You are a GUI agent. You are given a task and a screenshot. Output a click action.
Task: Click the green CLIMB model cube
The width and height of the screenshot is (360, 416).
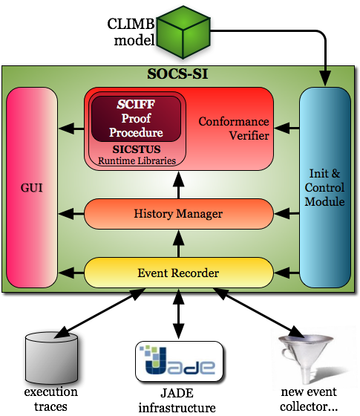point(183,32)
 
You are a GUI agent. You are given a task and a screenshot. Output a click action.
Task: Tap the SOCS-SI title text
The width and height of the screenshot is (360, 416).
point(177,74)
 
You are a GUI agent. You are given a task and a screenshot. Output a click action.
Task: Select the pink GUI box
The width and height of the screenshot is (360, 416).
point(32,187)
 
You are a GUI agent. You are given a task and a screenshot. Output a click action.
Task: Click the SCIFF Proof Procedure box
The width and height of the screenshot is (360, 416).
point(137,119)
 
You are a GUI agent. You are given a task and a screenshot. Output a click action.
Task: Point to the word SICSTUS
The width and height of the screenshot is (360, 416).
point(137,149)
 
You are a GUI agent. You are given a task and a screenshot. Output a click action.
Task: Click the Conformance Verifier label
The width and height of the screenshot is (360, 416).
point(234,129)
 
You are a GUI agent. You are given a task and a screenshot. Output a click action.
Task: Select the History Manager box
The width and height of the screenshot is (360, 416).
point(179,214)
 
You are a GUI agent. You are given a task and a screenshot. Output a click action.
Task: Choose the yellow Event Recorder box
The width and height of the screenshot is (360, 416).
point(179,273)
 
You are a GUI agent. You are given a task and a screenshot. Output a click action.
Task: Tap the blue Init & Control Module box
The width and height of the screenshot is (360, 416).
point(325,187)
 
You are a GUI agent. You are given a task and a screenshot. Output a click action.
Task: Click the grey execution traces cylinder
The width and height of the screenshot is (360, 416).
point(51,357)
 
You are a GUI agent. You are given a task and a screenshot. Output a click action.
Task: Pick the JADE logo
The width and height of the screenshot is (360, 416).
point(179,361)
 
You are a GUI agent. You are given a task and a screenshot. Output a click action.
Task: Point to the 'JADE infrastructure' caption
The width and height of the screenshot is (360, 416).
point(177,400)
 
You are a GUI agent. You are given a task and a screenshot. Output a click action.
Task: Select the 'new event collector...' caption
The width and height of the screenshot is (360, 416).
point(309,400)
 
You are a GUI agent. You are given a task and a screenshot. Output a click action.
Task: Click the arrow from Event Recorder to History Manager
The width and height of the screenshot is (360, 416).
point(179,244)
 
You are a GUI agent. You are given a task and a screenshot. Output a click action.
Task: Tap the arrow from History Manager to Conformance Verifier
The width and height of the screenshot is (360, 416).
point(179,185)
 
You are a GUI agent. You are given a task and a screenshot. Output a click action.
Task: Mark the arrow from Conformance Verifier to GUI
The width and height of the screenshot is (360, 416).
point(71,129)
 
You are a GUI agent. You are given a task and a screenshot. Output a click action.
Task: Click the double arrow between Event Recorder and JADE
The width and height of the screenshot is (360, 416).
point(179,313)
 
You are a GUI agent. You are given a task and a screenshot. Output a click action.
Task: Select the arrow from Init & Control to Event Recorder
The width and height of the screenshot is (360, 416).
point(287,272)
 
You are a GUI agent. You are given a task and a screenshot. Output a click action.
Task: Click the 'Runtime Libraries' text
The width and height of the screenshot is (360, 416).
point(137,160)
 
